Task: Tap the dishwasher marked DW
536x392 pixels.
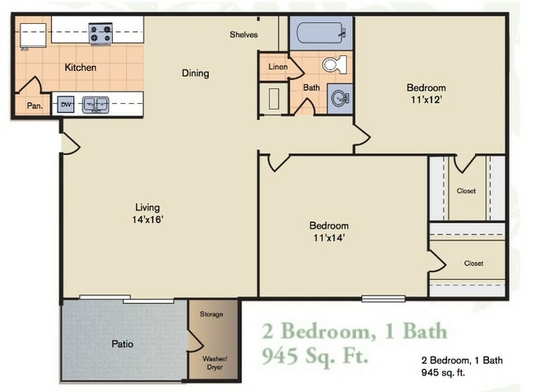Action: [x=66, y=104]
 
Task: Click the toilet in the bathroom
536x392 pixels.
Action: [x=332, y=64]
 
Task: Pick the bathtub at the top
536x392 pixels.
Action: [x=321, y=34]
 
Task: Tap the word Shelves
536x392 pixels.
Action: [x=244, y=35]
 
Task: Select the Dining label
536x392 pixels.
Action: [x=195, y=73]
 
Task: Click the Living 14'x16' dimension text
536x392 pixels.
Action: [x=148, y=220]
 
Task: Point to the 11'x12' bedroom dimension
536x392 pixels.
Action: [x=426, y=101]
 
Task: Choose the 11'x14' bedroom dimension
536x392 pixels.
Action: [x=328, y=238]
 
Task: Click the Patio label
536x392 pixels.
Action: [x=122, y=343]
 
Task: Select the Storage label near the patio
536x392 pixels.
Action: [x=212, y=314]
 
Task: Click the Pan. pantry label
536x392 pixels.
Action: [x=35, y=106]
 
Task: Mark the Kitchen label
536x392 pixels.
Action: [x=81, y=68]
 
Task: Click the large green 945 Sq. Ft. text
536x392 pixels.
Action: [x=317, y=357]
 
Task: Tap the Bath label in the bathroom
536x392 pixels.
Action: [x=311, y=87]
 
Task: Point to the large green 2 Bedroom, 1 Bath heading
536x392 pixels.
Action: [x=355, y=332]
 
